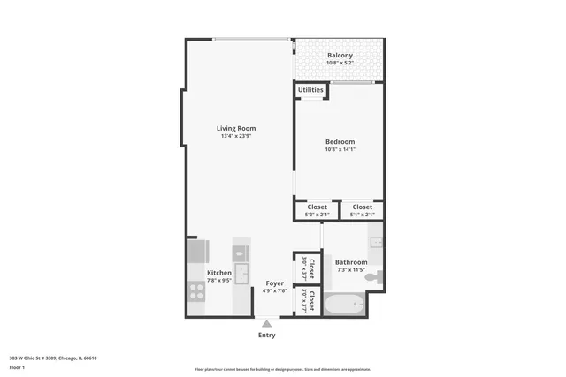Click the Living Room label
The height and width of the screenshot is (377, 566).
236,129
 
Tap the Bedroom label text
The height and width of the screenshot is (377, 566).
340,142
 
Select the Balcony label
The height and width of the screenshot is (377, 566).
340,56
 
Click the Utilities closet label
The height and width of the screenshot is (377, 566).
310,90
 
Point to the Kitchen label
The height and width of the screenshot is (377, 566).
219,273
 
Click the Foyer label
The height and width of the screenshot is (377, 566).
275,283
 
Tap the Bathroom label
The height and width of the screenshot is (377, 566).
351,262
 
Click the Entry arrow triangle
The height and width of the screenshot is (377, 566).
266,324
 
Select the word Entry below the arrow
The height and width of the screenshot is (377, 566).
266,335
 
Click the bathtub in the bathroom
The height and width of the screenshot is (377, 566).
344,305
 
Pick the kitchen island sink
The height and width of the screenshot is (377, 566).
241,273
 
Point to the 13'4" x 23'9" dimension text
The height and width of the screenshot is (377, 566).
236,136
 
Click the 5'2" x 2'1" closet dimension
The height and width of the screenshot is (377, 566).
317,215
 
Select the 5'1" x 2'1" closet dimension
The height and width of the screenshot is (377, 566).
363,215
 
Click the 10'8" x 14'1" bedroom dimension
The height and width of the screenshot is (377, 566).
340,150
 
